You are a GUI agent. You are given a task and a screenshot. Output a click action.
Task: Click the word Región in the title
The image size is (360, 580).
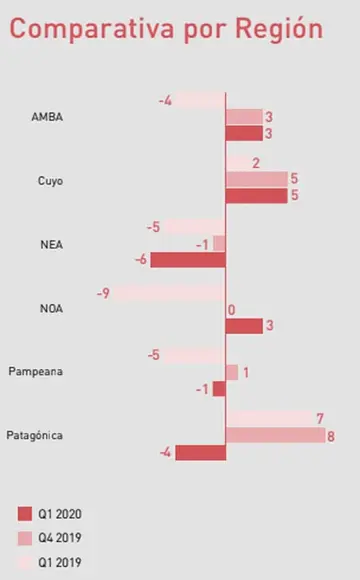click(x=279, y=28)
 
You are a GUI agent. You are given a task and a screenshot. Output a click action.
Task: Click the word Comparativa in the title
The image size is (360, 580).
click(x=92, y=28)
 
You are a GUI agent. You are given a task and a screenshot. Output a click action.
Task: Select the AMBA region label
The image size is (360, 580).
click(x=47, y=117)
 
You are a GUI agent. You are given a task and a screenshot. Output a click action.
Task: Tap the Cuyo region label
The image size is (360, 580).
click(x=50, y=181)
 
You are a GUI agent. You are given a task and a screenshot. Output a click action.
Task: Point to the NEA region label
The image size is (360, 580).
click(x=51, y=245)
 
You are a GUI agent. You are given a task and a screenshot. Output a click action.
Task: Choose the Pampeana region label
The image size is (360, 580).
click(x=36, y=371)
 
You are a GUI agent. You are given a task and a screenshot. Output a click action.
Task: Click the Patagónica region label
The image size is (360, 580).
click(x=34, y=435)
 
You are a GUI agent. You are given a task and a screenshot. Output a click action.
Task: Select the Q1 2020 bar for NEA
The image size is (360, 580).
click(x=188, y=260)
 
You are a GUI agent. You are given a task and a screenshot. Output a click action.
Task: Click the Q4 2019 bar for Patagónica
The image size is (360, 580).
click(x=275, y=435)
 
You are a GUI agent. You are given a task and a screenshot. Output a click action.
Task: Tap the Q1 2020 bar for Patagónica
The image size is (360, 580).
click(x=201, y=453)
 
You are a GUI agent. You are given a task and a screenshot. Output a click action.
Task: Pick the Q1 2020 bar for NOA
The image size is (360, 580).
click(x=244, y=326)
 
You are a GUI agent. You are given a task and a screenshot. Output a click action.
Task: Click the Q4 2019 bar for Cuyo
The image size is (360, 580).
click(x=256, y=179)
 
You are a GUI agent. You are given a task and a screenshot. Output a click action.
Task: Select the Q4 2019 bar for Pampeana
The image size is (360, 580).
click(x=232, y=372)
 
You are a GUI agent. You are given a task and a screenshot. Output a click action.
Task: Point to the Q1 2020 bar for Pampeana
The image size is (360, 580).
click(x=219, y=389)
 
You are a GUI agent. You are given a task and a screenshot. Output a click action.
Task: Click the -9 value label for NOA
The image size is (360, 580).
click(x=103, y=294)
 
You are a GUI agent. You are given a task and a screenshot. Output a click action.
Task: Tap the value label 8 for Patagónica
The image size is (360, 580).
click(x=331, y=436)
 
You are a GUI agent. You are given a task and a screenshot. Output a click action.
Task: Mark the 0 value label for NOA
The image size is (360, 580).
click(x=232, y=310)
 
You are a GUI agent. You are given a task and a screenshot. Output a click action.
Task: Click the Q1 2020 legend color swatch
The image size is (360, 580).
click(x=25, y=514)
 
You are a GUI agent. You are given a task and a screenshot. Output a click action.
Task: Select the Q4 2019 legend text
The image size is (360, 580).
click(x=60, y=538)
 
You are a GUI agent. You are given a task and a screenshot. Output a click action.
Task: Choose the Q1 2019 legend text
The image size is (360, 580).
click(x=60, y=563)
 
